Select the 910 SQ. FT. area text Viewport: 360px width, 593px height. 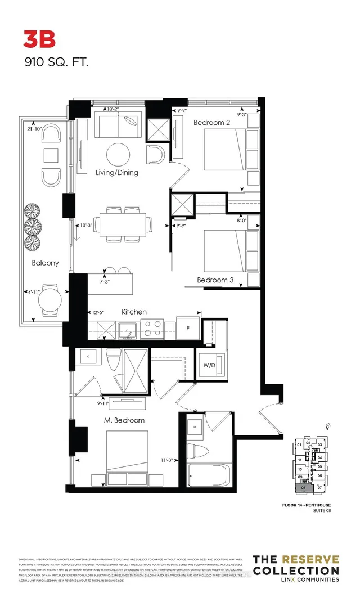56,62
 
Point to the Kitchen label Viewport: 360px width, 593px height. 134,311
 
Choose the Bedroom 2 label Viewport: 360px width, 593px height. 212,122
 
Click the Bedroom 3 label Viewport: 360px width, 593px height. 215,280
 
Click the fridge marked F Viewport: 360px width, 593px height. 188,326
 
